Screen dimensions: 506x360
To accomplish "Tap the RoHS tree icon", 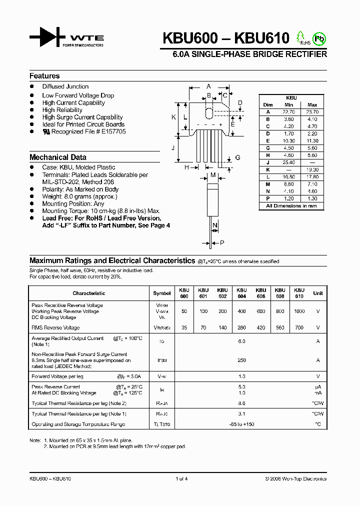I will pos(300,37).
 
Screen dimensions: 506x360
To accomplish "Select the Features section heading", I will pos(44,76).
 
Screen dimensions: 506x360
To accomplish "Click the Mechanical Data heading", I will pos(58,157).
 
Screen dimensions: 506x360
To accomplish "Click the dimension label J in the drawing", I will pos(172,148).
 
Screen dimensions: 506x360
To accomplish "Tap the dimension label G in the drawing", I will pos(237,157).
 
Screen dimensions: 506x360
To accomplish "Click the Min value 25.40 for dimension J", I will pos(288,162).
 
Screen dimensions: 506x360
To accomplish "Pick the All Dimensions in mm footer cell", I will pos(291,205).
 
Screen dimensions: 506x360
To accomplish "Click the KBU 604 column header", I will pos(241,293).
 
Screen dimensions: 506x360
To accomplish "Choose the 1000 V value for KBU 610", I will pos(299,311).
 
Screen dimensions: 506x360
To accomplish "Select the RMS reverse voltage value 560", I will pos(280,327).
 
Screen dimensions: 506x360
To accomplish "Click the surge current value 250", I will pos(241,360).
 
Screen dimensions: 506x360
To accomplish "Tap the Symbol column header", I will pos(162,293).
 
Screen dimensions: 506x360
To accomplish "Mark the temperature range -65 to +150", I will pos(241,424).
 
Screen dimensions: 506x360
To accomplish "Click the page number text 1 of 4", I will pos(181,478).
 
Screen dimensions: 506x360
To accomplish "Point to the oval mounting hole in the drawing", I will pos(209,111).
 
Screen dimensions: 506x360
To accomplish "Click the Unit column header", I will pos(318,293).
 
